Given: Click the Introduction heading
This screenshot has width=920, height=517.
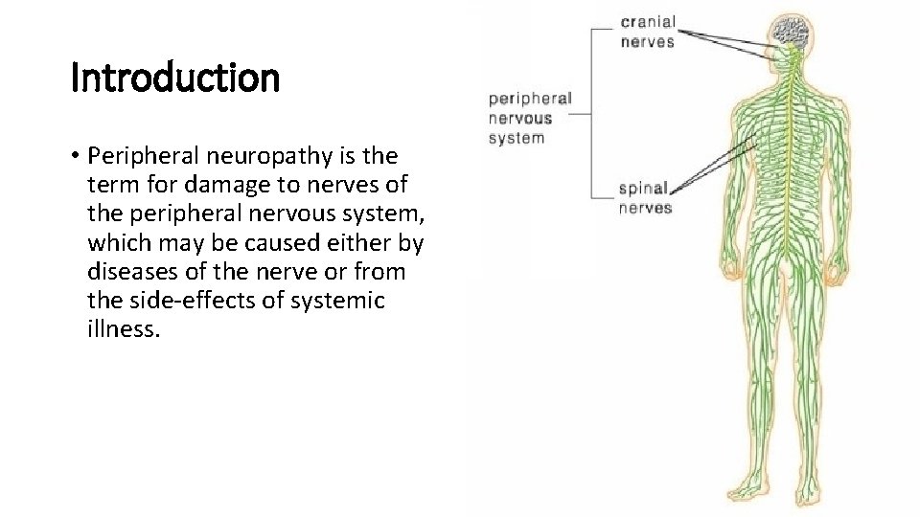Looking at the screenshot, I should click(x=175, y=79).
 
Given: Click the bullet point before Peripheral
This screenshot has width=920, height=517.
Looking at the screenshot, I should click(x=74, y=156).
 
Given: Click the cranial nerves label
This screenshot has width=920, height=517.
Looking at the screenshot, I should click(x=648, y=32).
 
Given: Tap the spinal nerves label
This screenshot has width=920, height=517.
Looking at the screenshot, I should click(x=645, y=198).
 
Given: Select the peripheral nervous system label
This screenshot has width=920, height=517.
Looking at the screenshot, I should click(x=530, y=118).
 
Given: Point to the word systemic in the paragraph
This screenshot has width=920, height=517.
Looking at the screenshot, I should click(x=341, y=301).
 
